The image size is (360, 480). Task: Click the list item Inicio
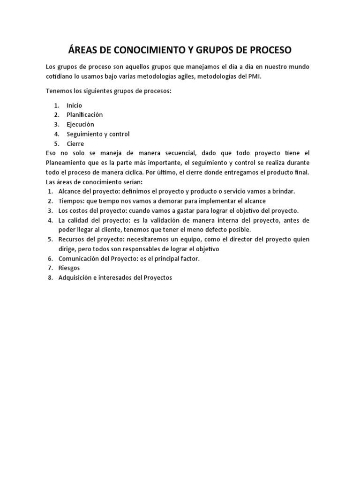(x=74, y=105)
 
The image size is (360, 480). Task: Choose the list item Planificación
(x=84, y=115)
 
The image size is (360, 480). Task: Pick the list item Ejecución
(x=80, y=125)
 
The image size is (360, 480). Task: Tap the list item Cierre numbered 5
(x=75, y=144)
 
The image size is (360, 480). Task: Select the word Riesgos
(x=69, y=268)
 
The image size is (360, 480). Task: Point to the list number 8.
(x=50, y=278)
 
